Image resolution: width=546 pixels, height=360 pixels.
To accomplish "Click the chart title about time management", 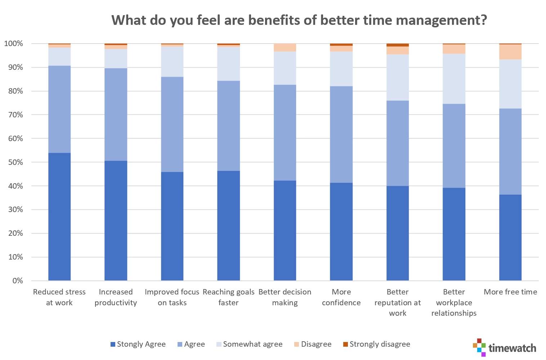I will click(299, 20).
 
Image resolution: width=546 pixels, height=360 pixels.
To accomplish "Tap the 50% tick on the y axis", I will click(15, 162).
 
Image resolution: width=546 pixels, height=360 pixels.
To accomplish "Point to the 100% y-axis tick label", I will click(14, 44).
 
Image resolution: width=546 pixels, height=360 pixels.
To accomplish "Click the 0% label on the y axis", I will click(17, 281).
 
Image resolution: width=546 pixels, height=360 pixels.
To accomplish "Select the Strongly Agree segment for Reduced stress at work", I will click(59, 216).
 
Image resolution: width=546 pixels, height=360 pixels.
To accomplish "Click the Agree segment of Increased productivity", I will click(116, 114).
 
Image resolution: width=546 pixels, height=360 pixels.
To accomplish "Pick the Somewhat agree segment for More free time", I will click(510, 84).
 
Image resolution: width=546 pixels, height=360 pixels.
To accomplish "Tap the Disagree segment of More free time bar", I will click(510, 52).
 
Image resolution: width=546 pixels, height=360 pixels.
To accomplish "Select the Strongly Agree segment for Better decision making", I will click(285, 230).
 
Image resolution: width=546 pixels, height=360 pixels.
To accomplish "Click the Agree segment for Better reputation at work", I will click(397, 143).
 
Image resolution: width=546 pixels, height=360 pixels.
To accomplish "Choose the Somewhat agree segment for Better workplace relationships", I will click(454, 78).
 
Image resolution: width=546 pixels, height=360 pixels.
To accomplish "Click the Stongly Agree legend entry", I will click(138, 344).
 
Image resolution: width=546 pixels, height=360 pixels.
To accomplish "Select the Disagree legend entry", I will click(313, 344).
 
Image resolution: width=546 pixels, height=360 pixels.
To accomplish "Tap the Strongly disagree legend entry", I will click(376, 344).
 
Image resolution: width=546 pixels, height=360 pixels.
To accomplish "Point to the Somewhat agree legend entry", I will click(249, 344).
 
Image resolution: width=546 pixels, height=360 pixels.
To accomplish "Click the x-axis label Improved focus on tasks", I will click(172, 297).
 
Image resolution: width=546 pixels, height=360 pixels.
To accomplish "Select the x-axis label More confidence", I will click(341, 297).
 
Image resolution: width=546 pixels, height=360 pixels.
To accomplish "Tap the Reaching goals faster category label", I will click(228, 297).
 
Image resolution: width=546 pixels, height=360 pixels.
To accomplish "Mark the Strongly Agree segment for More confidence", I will click(341, 231).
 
